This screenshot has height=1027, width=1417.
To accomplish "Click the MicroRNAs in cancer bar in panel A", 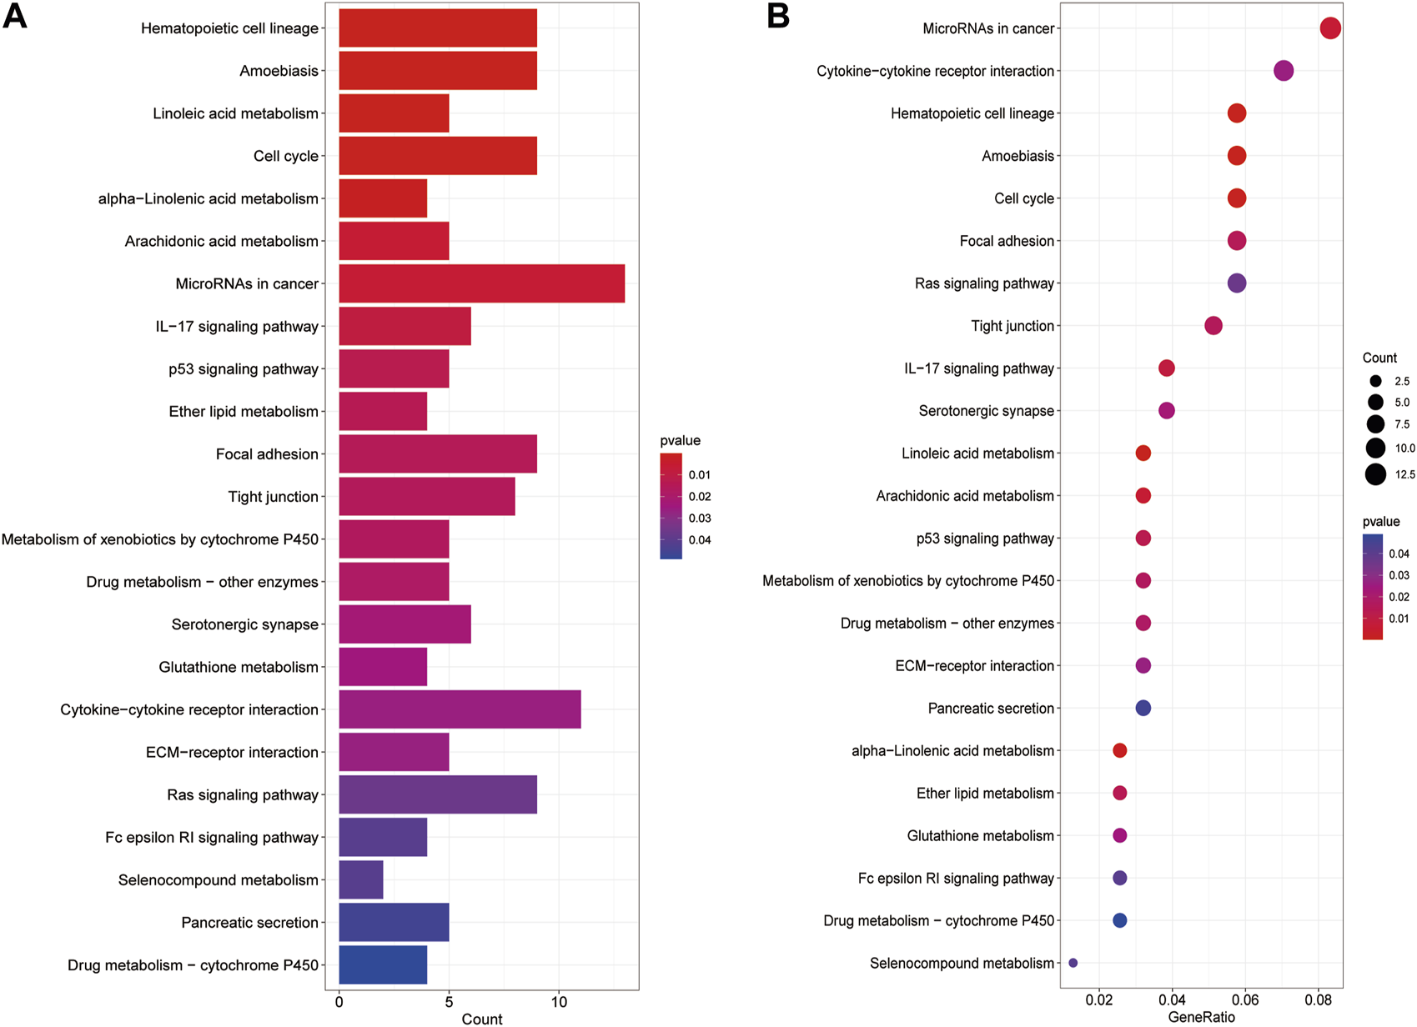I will point(481,283).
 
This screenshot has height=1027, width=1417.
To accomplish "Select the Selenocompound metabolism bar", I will point(360,880).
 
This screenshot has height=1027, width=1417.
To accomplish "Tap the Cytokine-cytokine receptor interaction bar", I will point(460,709).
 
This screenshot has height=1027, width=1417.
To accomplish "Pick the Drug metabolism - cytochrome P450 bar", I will point(383,965).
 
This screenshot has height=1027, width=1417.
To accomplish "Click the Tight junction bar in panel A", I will point(426,497).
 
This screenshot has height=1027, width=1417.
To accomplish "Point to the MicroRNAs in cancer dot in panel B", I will point(1330,28).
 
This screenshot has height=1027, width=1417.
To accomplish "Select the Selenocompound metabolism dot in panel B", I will point(1073,963).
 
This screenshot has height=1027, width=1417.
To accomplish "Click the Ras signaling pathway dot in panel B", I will point(1237,283).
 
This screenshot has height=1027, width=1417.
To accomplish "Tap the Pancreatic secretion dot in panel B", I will point(1143,708).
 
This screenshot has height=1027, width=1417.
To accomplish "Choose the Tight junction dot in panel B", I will point(1213,326).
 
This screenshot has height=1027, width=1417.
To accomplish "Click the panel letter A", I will point(15,17).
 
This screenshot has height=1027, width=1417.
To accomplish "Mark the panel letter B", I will point(778,17).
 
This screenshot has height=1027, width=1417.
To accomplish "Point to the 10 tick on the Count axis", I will point(559,1002).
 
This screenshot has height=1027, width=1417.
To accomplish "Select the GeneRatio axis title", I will point(1201,1017).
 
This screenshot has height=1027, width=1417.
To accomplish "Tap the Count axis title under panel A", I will point(482,1019).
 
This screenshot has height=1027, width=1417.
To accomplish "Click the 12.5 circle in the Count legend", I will point(1375,474).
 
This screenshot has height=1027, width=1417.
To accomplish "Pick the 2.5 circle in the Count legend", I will point(1375,382).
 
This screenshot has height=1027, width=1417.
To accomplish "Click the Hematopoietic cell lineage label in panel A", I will point(229,28).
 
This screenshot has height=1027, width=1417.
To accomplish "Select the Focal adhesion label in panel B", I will point(1007,241).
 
